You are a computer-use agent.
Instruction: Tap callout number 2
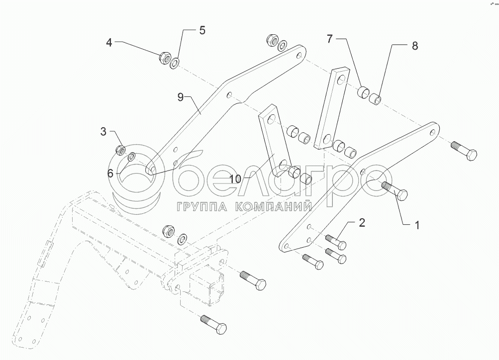click(362, 222)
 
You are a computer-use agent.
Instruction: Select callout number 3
click(103, 132)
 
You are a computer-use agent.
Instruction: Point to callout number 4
click(109, 43)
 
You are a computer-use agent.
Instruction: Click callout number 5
click(202, 30)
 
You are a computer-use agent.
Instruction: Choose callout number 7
click(329, 38)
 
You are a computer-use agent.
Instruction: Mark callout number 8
click(414, 46)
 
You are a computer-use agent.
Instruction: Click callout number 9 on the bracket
click(181, 97)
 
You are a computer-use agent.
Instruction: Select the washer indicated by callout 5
click(175, 63)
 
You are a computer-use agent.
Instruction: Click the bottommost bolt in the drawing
click(214, 326)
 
